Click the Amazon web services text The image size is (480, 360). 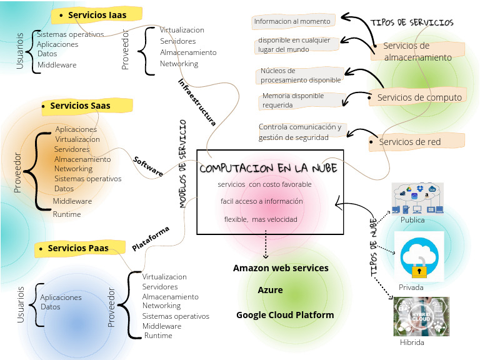coord(281,268)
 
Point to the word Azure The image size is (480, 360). coord(270,290)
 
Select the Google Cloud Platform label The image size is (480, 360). coord(285,315)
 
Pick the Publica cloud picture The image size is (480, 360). coord(417,198)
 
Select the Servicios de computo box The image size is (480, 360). coord(419,97)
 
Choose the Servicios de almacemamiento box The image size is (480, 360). coord(417,51)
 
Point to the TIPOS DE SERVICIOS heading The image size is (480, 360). coord(412,22)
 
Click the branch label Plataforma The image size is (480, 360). coord(151,239)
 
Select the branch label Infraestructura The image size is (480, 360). coord(197,102)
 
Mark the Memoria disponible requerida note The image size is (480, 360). coord(302,101)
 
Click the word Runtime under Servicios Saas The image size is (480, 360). coord(67,214)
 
